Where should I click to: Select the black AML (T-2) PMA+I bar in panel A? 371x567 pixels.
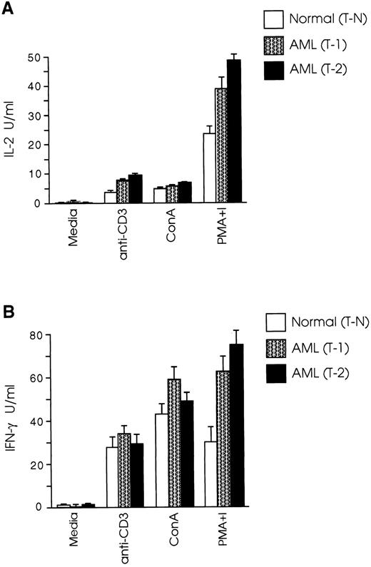click(234, 132)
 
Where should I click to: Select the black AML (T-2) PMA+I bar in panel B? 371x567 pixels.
click(236, 426)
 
